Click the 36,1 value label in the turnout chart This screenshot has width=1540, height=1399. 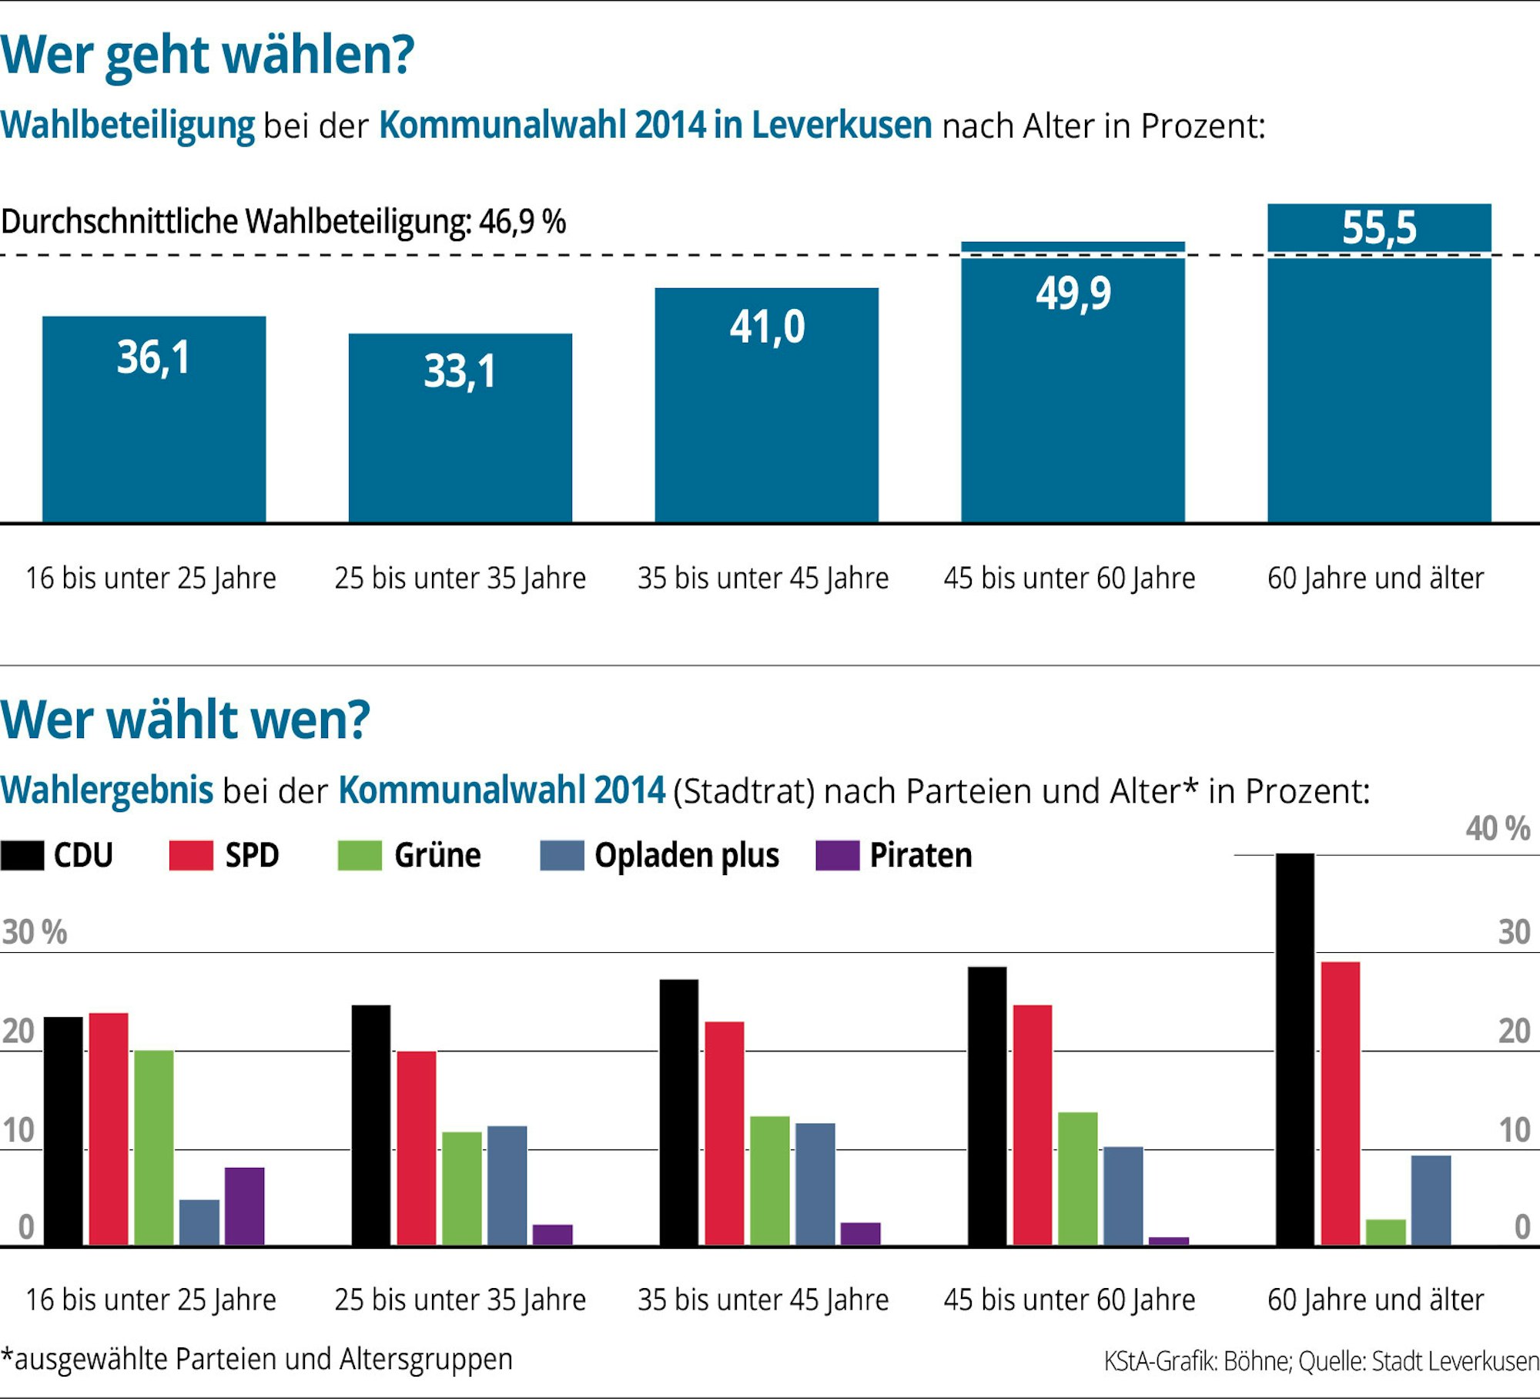153,358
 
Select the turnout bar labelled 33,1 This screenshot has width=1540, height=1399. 460,447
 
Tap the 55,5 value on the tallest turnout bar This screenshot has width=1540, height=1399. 1379,228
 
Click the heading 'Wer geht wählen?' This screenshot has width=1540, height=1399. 207,55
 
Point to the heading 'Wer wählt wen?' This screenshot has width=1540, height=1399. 185,720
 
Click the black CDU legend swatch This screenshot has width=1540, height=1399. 22,855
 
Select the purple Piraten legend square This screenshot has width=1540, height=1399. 837,855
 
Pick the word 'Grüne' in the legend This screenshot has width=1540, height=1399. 437,855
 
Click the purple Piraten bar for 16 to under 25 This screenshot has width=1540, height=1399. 244,1206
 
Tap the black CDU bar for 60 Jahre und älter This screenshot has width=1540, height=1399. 1295,1048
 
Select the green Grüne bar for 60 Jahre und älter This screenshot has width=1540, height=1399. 1386,1232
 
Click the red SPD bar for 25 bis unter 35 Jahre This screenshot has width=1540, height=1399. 417,1148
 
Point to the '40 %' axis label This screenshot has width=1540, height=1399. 1497,829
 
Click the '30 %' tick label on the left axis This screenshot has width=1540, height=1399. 34,933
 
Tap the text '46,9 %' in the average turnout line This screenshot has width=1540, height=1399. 522,222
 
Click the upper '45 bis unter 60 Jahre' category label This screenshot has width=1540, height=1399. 1070,578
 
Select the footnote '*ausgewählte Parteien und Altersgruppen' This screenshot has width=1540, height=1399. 256,1359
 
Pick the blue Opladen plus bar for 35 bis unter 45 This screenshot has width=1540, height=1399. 815,1183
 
